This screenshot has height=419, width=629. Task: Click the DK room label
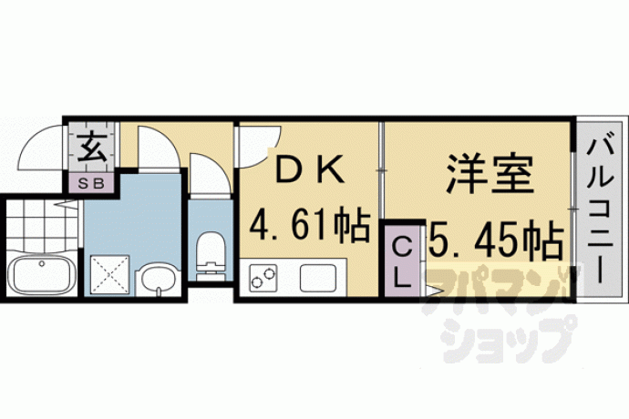[x=310, y=169]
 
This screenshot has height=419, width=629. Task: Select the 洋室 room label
[x=490, y=175]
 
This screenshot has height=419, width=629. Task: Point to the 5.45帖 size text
[x=495, y=240]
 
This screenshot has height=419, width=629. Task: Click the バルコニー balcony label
[x=600, y=211]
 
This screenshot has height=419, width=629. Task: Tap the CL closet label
[x=401, y=261]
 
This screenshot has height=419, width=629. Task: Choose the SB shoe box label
[x=91, y=183]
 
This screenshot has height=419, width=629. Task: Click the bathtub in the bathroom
[x=41, y=275]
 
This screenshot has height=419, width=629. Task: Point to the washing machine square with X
[x=109, y=275]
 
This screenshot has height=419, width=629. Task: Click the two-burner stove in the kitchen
[x=263, y=278]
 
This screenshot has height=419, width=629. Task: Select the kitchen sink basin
[x=318, y=278]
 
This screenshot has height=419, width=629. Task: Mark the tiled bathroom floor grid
[x=41, y=228]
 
